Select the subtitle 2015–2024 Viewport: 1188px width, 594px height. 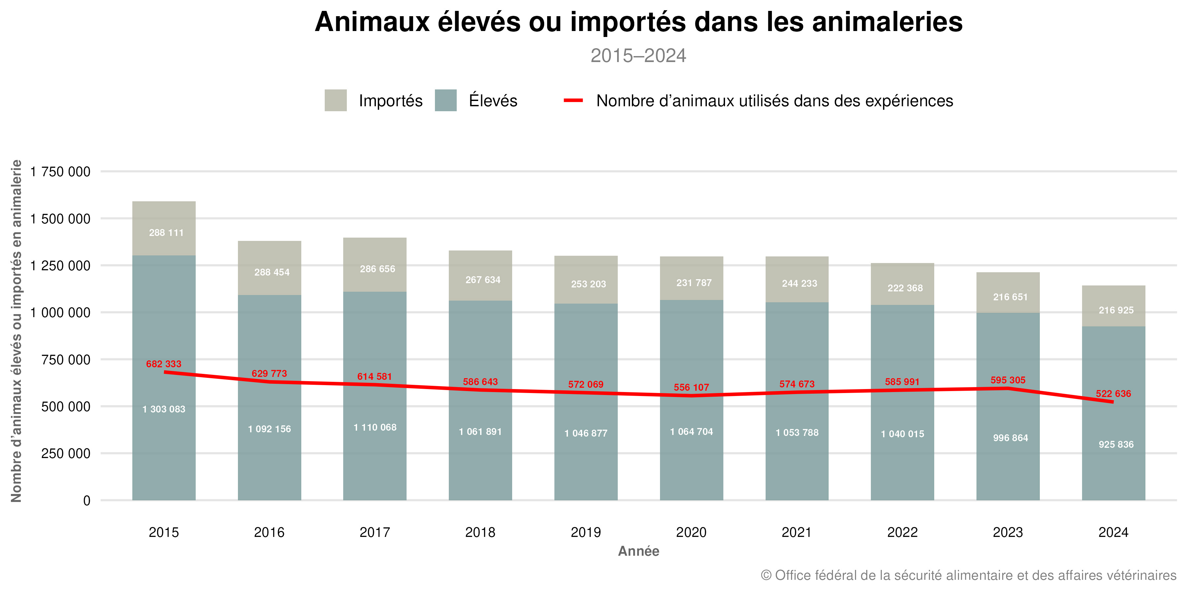click(x=638, y=56)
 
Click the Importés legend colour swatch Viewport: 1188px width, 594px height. click(x=335, y=101)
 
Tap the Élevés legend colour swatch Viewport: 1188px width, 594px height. click(x=445, y=101)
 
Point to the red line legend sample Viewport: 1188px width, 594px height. click(x=573, y=101)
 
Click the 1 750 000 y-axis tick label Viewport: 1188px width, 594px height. click(x=60, y=172)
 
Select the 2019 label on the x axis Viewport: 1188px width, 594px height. click(x=586, y=532)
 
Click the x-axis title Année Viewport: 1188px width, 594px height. click(x=638, y=551)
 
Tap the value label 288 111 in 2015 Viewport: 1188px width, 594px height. click(x=166, y=233)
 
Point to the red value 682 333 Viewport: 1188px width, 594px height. click(x=164, y=364)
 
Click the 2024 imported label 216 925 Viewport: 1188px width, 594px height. click(x=1116, y=311)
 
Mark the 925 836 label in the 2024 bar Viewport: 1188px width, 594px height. click(x=1116, y=445)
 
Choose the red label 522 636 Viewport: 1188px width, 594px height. click(x=1113, y=394)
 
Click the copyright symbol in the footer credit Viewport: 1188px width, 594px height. click(x=766, y=576)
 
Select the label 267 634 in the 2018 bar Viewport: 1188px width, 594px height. click(x=482, y=280)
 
